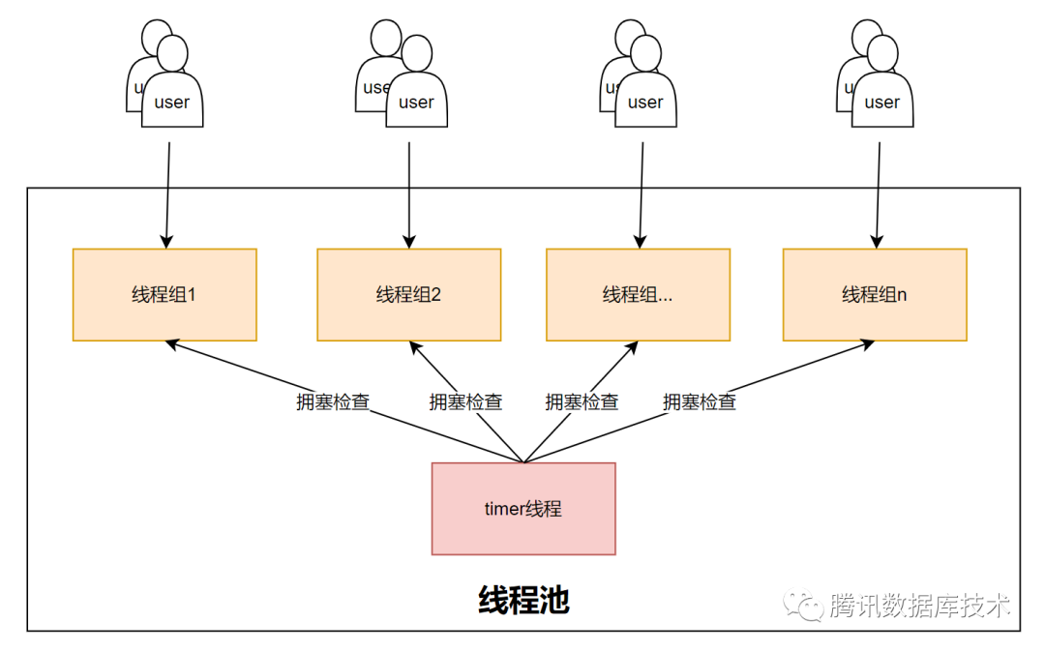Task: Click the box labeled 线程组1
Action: [164, 294]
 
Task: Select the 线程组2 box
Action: [408, 294]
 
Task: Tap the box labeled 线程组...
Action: [638, 294]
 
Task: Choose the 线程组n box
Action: [874, 294]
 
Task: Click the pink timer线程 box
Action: [522, 508]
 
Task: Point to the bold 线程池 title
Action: [523, 601]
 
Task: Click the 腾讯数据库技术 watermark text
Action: [919, 607]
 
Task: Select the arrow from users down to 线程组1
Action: [167, 193]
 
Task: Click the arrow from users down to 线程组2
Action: [408, 193]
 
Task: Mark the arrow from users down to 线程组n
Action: [879, 193]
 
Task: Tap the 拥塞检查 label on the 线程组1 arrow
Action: [332, 401]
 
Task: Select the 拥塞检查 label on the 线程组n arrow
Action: [699, 401]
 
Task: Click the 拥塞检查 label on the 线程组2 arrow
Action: [465, 401]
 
